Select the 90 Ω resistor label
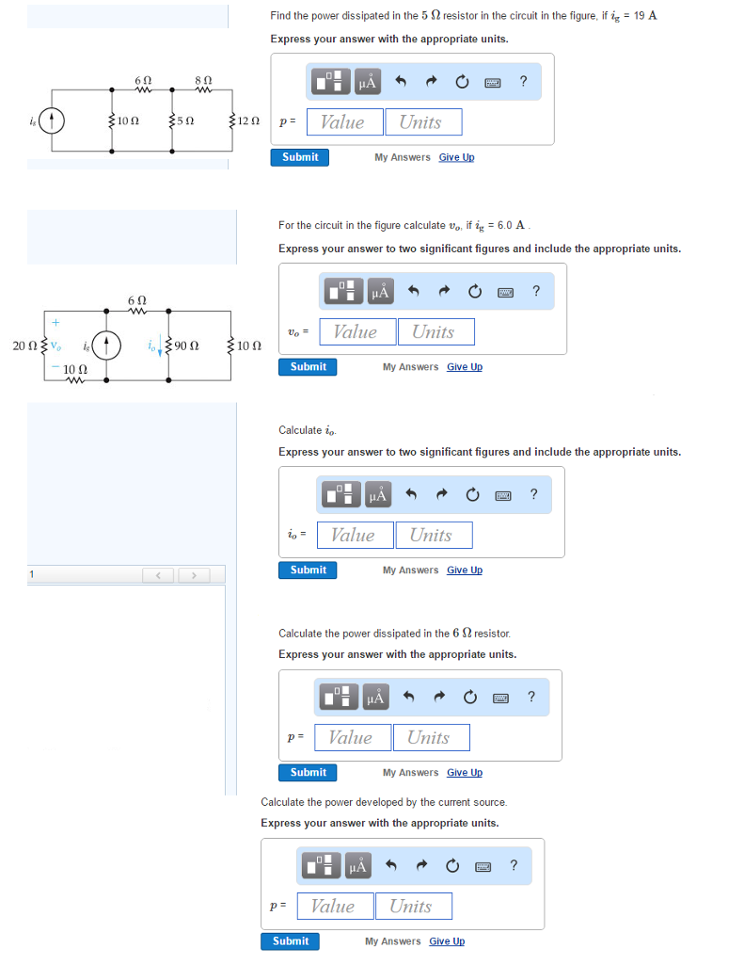pyautogui.click(x=185, y=345)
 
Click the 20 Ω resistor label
pyautogui.click(x=24, y=345)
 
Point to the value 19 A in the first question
pyautogui.click(x=645, y=16)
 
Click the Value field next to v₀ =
pyautogui.click(x=355, y=331)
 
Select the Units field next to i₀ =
pyautogui.click(x=433, y=535)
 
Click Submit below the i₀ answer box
pyautogui.click(x=309, y=570)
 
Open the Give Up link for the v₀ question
pyautogui.click(x=464, y=366)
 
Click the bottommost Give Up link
pyautogui.click(x=447, y=940)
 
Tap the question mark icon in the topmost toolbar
pyautogui.click(x=523, y=81)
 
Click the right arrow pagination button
pyautogui.click(x=195, y=574)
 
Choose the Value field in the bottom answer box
pyautogui.click(x=334, y=906)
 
